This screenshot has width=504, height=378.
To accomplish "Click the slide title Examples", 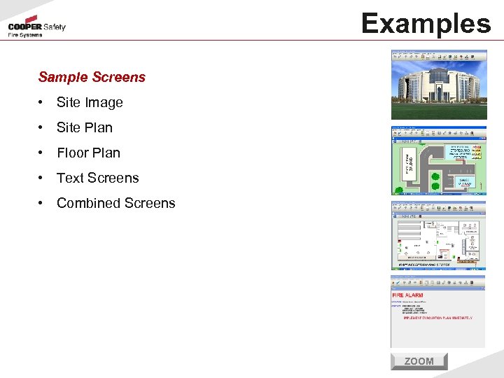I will click(x=426, y=23).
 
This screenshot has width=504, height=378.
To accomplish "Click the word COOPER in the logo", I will click(x=24, y=27).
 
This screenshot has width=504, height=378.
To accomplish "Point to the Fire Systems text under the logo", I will click(x=25, y=35).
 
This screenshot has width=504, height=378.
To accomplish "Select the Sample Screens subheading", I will click(x=92, y=77).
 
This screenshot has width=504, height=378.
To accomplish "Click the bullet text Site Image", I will click(x=90, y=102).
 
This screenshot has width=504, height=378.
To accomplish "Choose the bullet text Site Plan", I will click(x=84, y=127).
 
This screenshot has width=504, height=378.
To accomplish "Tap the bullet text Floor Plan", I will click(x=88, y=153).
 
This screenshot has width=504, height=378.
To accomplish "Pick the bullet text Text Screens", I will click(x=97, y=178).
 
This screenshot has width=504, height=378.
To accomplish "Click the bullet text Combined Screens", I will click(x=115, y=203).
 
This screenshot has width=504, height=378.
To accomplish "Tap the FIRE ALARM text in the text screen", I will click(x=408, y=295).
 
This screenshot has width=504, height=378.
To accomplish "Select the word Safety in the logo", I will click(x=55, y=27).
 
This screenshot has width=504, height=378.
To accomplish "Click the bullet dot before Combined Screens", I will click(x=42, y=204).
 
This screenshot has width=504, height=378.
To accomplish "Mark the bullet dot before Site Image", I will click(x=42, y=103).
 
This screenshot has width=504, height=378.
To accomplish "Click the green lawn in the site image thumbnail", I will click(x=438, y=111).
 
